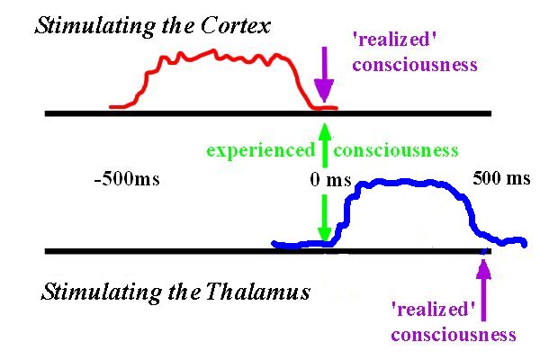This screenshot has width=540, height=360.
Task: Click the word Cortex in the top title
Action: click(236, 25)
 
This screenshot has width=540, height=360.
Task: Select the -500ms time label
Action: click(127, 179)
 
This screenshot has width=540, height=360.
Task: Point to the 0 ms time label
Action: click(330, 180)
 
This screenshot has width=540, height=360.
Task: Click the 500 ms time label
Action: click(501, 178)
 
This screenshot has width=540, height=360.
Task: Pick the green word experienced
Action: click(261, 151)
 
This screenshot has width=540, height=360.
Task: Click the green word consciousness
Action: click(396, 151)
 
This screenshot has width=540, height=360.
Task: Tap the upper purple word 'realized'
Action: click(395, 40)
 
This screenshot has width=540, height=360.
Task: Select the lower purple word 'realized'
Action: click(434, 309)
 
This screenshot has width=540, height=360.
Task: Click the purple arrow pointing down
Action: click(324, 74)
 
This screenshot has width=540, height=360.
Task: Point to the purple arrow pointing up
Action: click(483, 290)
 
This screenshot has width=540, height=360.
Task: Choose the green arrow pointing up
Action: click(324, 146)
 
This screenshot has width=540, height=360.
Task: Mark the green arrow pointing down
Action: click(324, 218)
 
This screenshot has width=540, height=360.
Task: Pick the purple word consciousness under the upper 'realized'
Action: click(415, 65)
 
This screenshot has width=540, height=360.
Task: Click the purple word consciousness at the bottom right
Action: click(454, 335)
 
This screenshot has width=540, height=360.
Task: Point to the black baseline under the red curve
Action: click(268, 113)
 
